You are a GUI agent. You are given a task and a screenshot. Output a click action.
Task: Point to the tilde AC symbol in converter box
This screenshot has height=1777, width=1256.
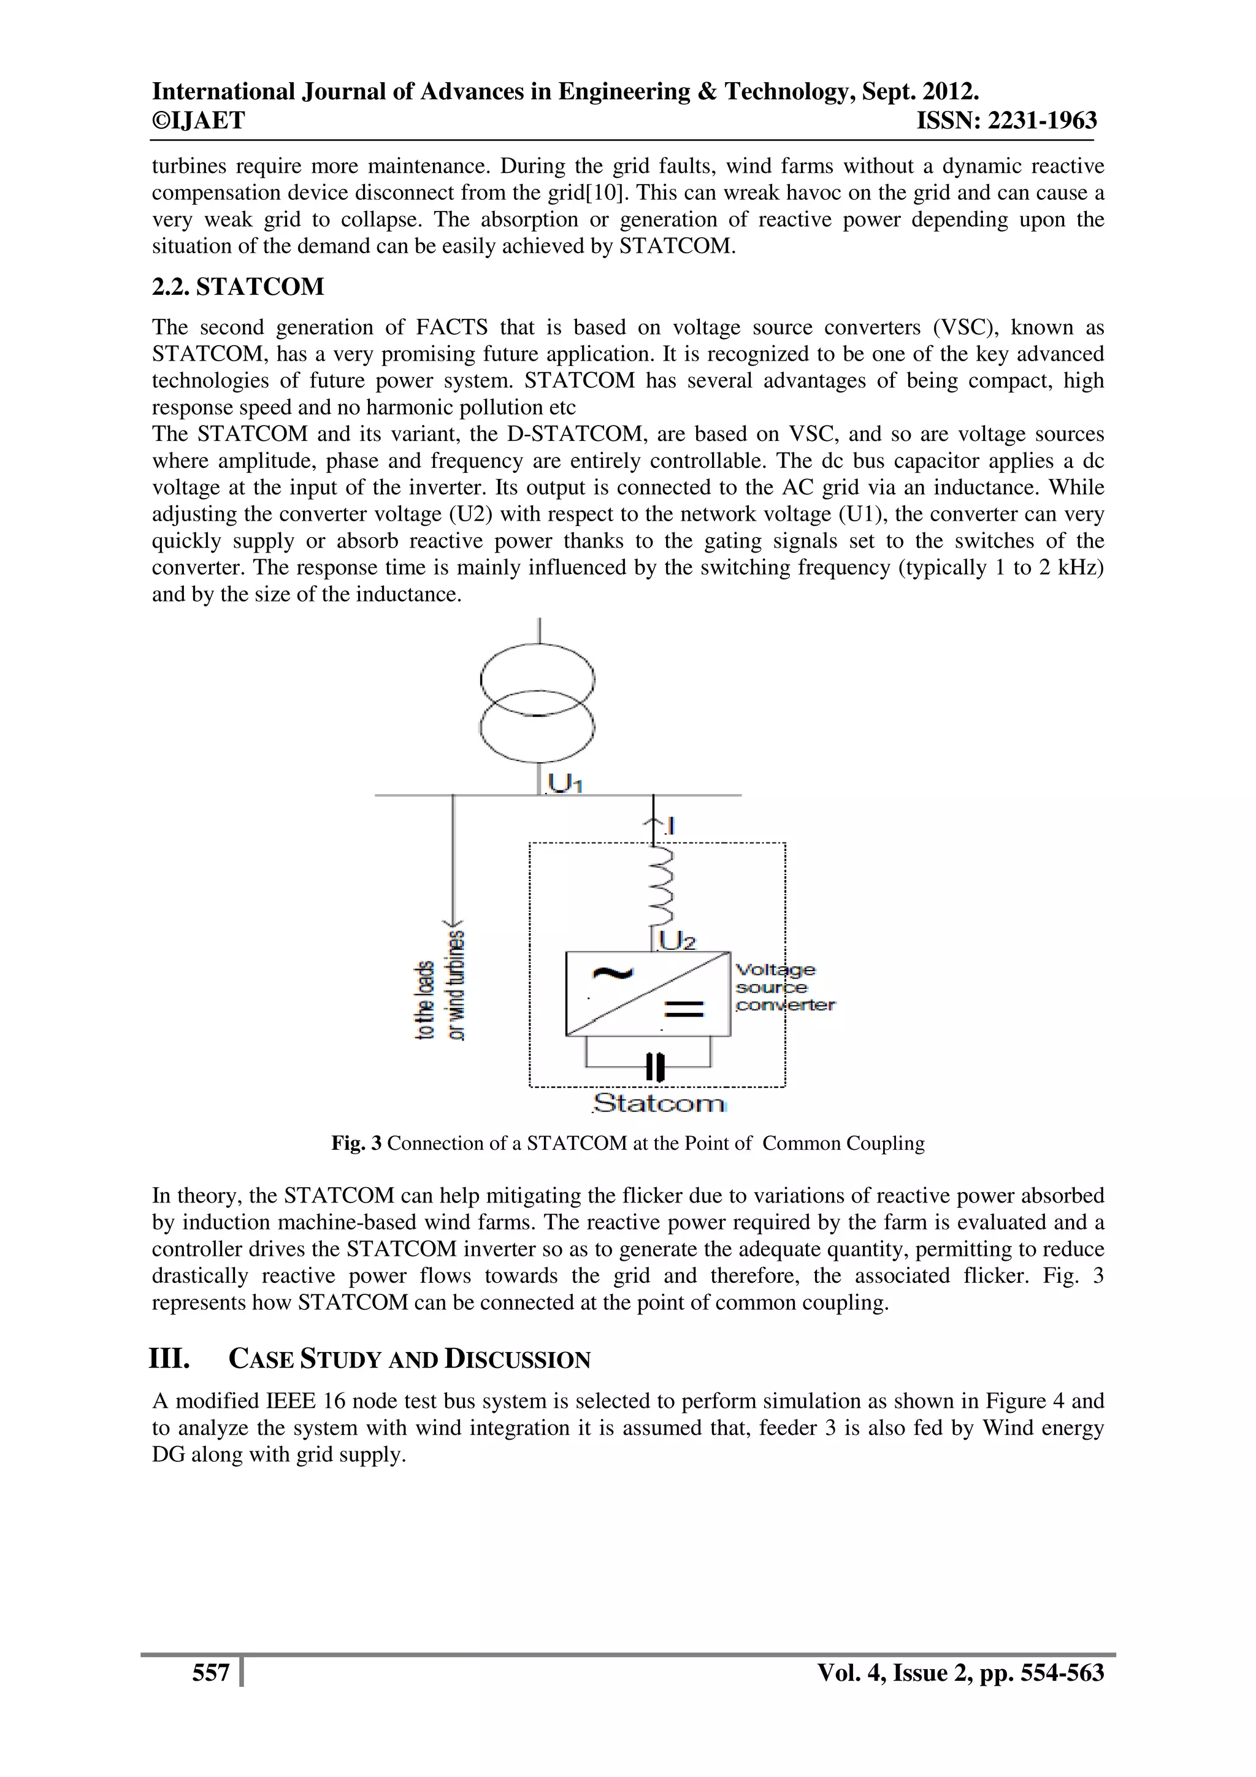pyautogui.click(x=611, y=974)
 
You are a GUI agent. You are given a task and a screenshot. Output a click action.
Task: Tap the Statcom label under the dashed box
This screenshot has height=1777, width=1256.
pyautogui.click(x=659, y=1103)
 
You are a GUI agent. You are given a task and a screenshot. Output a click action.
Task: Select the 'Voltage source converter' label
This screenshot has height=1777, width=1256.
pyautogui.click(x=783, y=988)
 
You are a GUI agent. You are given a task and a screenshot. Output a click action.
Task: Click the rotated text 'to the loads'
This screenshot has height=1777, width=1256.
pyautogui.click(x=426, y=1000)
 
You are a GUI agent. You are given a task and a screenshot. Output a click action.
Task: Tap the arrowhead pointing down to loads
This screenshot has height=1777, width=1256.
pyautogui.click(x=453, y=925)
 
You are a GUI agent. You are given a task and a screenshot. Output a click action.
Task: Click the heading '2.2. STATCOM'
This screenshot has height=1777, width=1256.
pyautogui.click(x=237, y=287)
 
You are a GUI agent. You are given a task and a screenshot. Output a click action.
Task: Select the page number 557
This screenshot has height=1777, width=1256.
pyautogui.click(x=210, y=1673)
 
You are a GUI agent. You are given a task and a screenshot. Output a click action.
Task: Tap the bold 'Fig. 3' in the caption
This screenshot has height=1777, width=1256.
pyautogui.click(x=356, y=1143)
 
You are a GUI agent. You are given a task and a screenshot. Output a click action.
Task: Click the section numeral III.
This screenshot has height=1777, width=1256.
pyautogui.click(x=169, y=1358)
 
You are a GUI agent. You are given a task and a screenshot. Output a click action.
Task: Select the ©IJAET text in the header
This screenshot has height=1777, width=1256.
pyautogui.click(x=198, y=121)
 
